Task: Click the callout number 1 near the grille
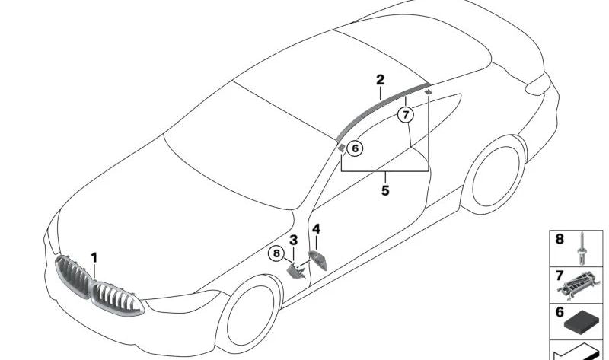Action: (x=94, y=257)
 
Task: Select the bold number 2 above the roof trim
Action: (x=380, y=80)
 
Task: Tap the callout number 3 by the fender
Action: (x=293, y=241)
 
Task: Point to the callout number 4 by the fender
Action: (x=316, y=228)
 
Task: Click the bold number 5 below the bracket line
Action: (x=385, y=190)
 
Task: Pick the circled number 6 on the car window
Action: (x=355, y=148)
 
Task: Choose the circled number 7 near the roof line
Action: (x=407, y=115)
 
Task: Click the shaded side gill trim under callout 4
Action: (x=317, y=259)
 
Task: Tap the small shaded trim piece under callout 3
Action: (x=296, y=269)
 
